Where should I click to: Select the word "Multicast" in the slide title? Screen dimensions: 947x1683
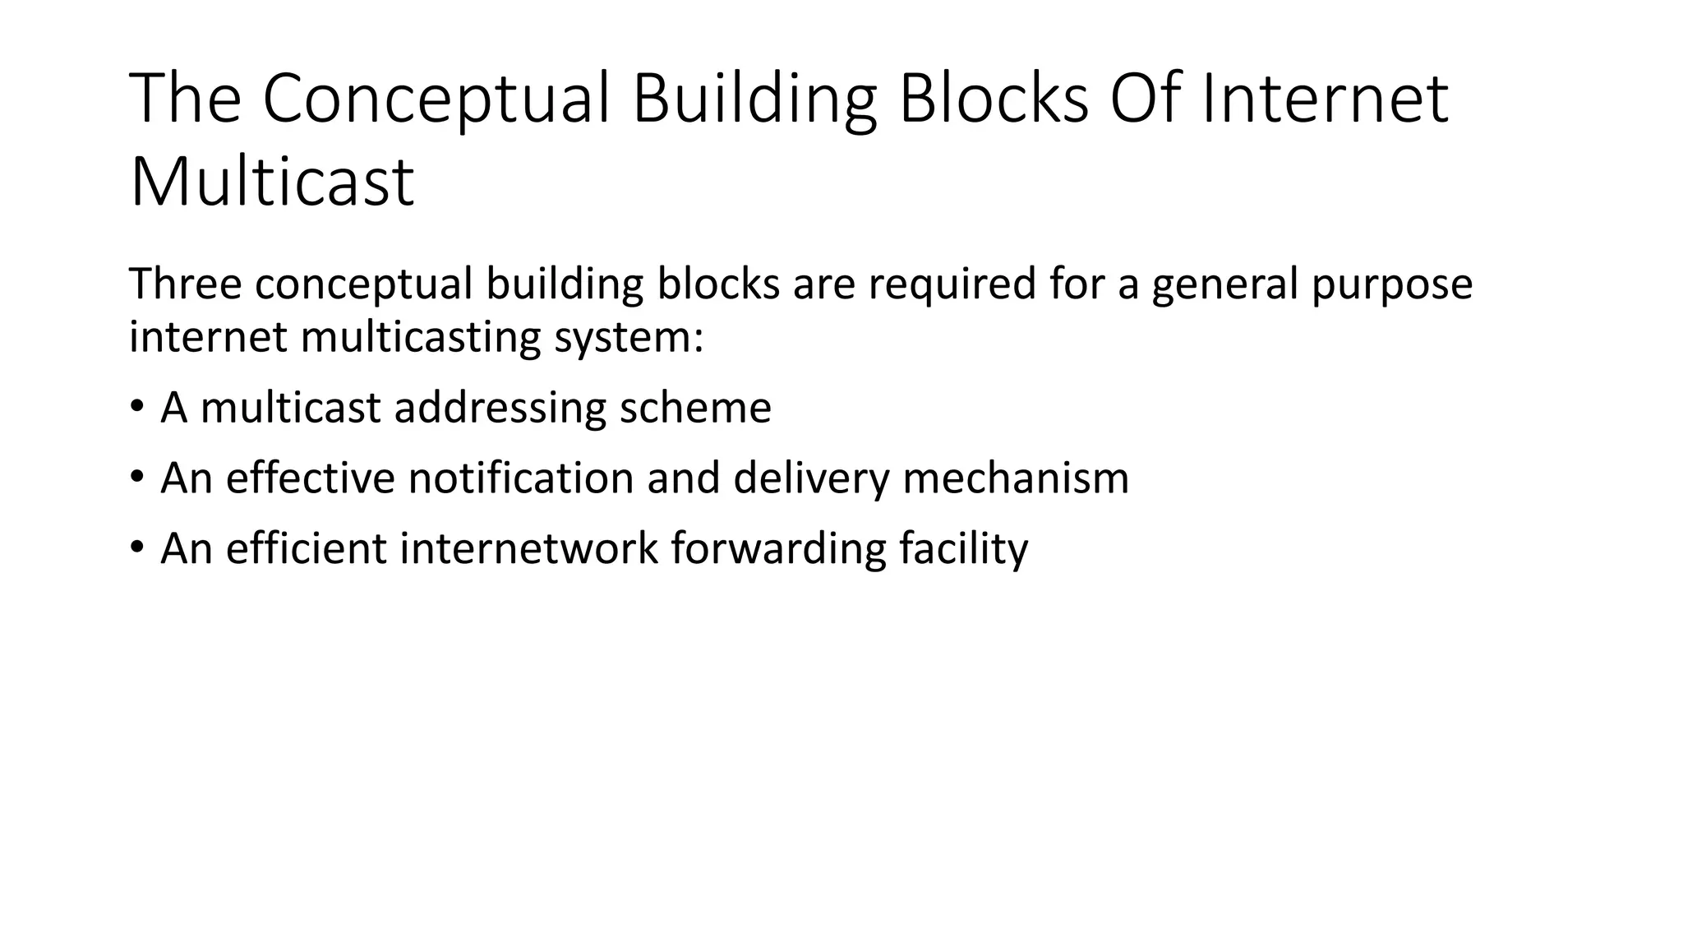(x=271, y=182)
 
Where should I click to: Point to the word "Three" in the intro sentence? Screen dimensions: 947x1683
(x=185, y=284)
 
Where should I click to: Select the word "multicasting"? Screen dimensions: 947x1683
(x=420, y=338)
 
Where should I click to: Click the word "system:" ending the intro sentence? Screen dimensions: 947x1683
(x=629, y=338)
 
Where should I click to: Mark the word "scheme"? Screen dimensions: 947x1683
(x=695, y=408)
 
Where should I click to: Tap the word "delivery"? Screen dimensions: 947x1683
(x=810, y=479)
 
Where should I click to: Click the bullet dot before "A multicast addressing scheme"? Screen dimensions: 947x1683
(x=137, y=406)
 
